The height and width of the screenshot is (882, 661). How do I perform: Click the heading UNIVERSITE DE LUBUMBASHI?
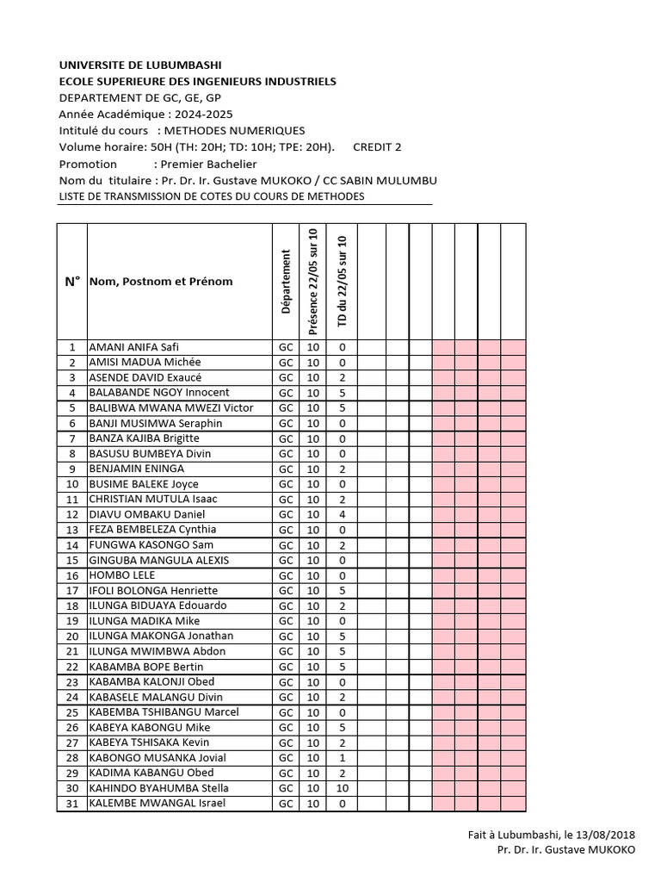pyautogui.click(x=140, y=65)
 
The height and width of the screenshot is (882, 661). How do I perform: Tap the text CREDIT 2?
pyautogui.click(x=377, y=146)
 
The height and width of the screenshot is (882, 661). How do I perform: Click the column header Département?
pyautogui.click(x=285, y=281)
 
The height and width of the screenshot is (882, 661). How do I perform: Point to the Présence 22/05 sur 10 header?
pyautogui.click(x=313, y=281)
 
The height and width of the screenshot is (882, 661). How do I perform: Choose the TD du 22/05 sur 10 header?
pyautogui.click(x=343, y=281)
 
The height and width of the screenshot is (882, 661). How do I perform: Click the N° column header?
pyautogui.click(x=72, y=281)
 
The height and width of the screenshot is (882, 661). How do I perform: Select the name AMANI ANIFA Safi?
pyautogui.click(x=133, y=347)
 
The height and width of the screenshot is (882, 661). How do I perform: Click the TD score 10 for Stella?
pyautogui.click(x=343, y=788)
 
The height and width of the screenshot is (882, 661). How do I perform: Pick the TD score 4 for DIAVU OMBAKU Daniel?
pyautogui.click(x=343, y=514)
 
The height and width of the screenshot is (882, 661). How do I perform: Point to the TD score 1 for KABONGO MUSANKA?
pyautogui.click(x=343, y=758)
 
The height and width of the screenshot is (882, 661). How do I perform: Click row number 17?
pyautogui.click(x=72, y=591)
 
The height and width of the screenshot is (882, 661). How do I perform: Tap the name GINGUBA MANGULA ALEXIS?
pyautogui.click(x=159, y=560)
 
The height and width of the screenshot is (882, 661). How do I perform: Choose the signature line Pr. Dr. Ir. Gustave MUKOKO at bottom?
pyautogui.click(x=566, y=850)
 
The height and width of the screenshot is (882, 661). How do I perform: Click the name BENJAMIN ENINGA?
pyautogui.click(x=137, y=469)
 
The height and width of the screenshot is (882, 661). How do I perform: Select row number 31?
pyautogui.click(x=72, y=804)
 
